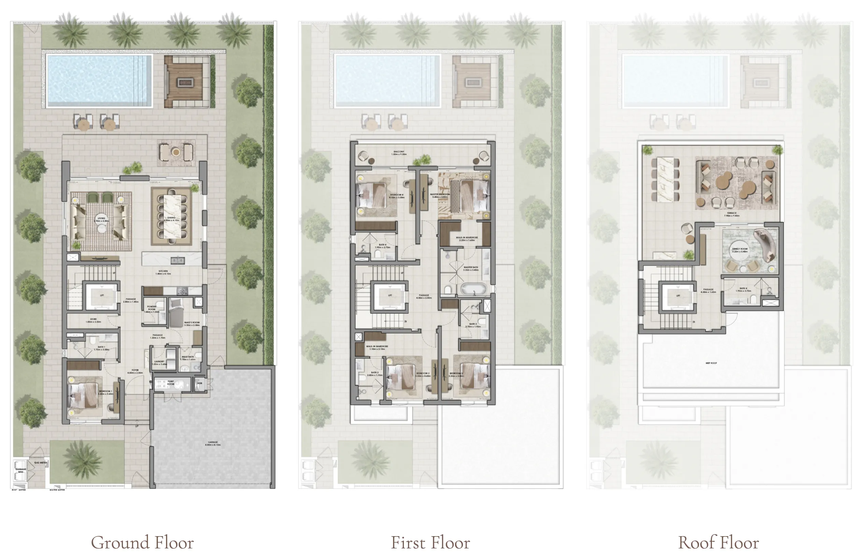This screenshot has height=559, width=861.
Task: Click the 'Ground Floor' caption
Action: (x=142, y=542)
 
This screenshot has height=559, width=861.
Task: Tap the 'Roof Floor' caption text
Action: (x=718, y=542)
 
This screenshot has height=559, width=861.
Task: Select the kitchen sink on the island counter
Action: (x=177, y=260)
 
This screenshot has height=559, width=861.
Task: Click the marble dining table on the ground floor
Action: (x=172, y=216)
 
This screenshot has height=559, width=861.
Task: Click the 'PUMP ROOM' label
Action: (x=171, y=382)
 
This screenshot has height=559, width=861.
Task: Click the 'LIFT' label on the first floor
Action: (x=390, y=296)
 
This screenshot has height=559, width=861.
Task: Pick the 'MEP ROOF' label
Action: (x=711, y=363)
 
